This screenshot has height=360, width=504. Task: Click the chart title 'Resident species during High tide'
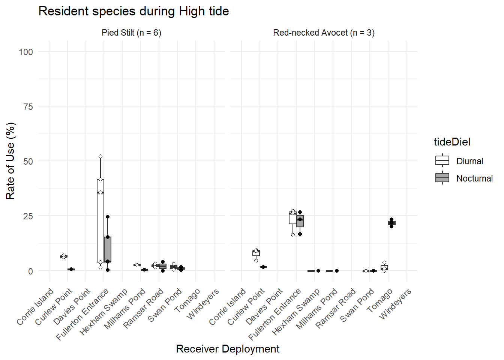coord(133,11)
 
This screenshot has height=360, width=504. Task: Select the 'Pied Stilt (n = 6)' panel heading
coord(131,33)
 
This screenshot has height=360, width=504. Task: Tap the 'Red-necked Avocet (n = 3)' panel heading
coord(324,33)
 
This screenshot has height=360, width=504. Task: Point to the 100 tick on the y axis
coord(26,52)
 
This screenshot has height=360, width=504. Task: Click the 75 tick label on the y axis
coord(28,107)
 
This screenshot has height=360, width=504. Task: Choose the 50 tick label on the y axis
coord(28,162)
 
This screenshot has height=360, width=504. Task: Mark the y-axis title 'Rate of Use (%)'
coord(10,161)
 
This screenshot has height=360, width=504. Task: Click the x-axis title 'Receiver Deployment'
coord(227,349)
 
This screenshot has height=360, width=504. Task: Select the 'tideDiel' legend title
coord(452,142)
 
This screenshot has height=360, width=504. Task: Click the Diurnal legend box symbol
coord(442,160)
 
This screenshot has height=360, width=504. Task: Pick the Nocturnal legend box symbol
coord(442,178)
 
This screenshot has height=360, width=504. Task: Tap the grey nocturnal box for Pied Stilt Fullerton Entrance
coord(108,249)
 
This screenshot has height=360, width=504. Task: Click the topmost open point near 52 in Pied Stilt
coord(100,156)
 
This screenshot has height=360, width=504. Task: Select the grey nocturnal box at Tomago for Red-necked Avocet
coord(391,223)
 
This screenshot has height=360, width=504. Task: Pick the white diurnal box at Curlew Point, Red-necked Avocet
coord(256,253)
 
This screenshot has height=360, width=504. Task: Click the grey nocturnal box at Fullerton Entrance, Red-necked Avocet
coord(300,221)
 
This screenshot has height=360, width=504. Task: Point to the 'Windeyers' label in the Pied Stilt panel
coord(203,304)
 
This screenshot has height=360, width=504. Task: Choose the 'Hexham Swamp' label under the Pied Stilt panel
coord(103,312)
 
